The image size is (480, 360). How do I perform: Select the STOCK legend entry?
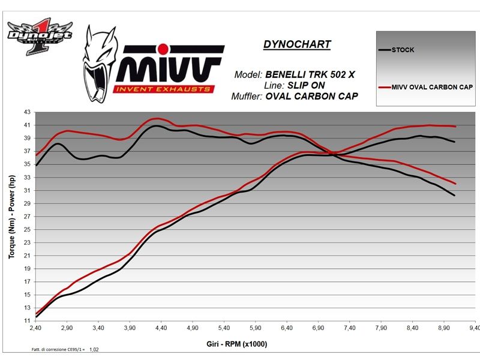tap(403, 49)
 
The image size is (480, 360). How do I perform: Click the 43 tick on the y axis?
tap(26, 112)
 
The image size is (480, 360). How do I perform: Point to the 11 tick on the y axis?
tap(26, 321)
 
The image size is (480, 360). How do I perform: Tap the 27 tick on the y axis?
tap(26, 217)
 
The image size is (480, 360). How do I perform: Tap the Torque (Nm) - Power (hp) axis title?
tap(11, 217)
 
